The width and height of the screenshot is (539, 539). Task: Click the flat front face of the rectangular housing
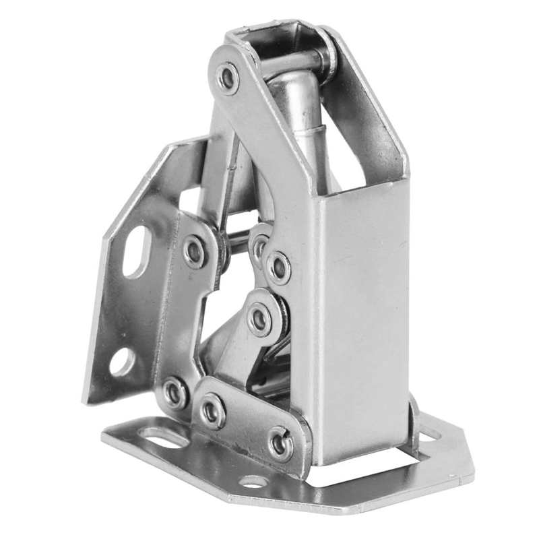click(x=367, y=317)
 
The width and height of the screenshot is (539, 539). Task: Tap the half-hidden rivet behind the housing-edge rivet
click(x=259, y=246)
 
